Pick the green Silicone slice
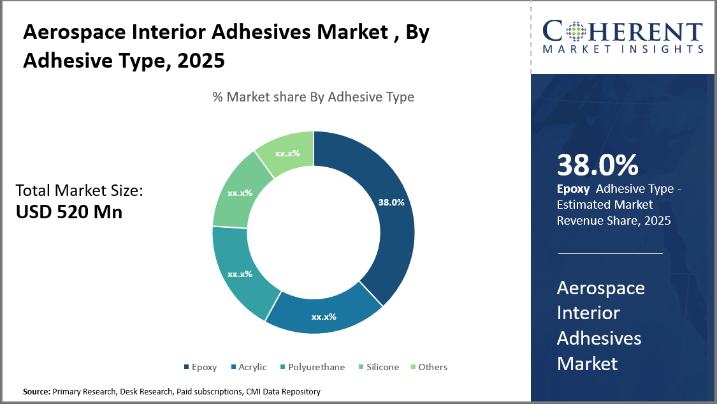coord(240,193)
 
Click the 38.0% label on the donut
coord(391,202)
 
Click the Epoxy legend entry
coord(200,367)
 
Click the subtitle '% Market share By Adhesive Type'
coord(313,97)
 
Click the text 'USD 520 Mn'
coord(69,212)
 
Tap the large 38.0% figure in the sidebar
coord(597,165)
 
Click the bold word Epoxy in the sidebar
coord(569,189)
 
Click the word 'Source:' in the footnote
coord(37,391)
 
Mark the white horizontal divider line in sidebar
coord(610,253)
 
